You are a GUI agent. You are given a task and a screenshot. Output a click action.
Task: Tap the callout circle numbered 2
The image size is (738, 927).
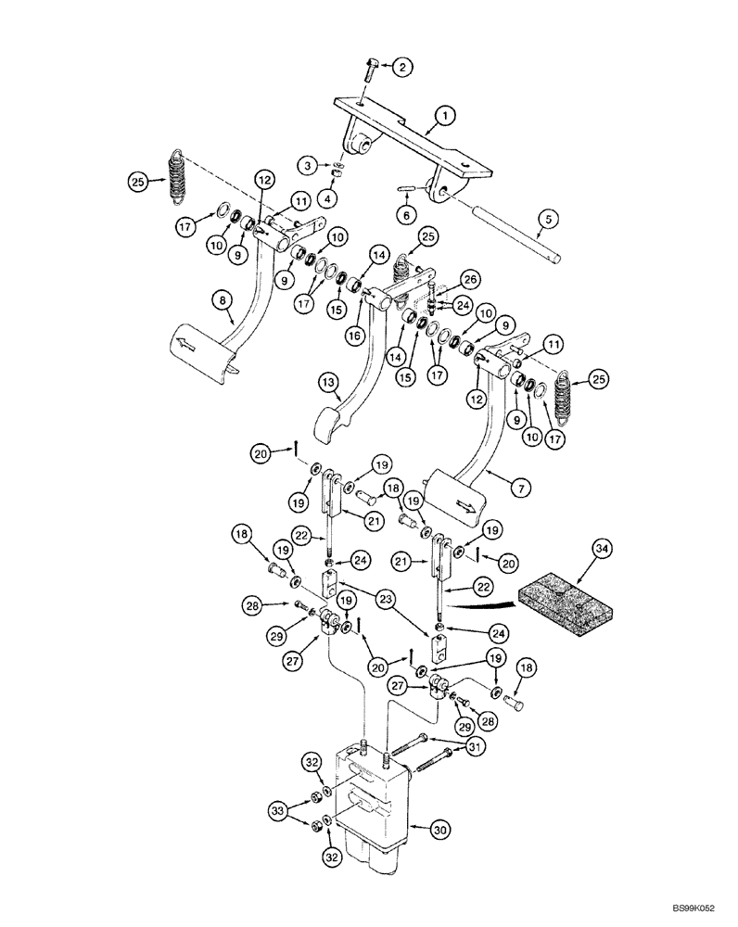pyautogui.click(x=401, y=67)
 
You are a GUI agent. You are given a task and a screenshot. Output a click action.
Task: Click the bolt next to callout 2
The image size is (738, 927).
pyautogui.click(x=370, y=67)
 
